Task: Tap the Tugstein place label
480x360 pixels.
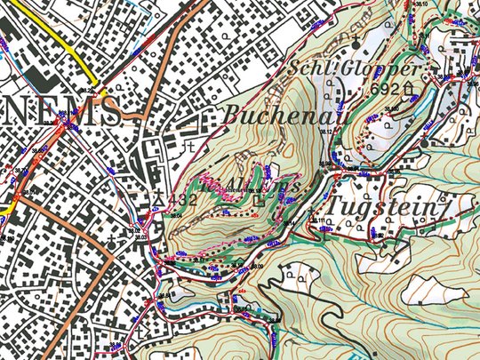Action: [383, 206]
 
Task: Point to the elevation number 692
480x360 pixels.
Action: [385, 89]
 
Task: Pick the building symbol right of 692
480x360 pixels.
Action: [408, 88]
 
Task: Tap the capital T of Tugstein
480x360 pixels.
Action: [336, 205]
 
